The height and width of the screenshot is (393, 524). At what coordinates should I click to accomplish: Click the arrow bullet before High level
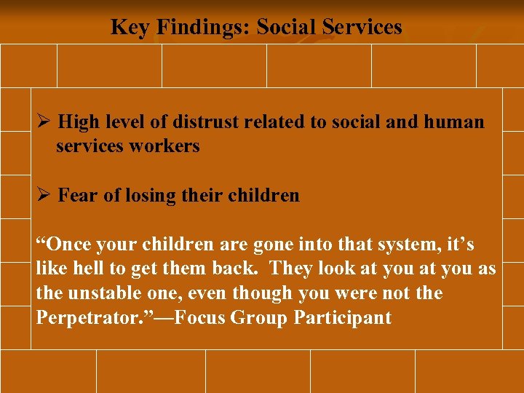(x=44, y=122)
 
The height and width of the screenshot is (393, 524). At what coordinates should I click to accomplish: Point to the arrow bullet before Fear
(x=44, y=196)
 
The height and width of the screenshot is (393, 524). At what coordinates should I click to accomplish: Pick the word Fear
(x=74, y=196)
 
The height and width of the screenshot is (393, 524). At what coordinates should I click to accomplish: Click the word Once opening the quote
(x=64, y=244)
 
